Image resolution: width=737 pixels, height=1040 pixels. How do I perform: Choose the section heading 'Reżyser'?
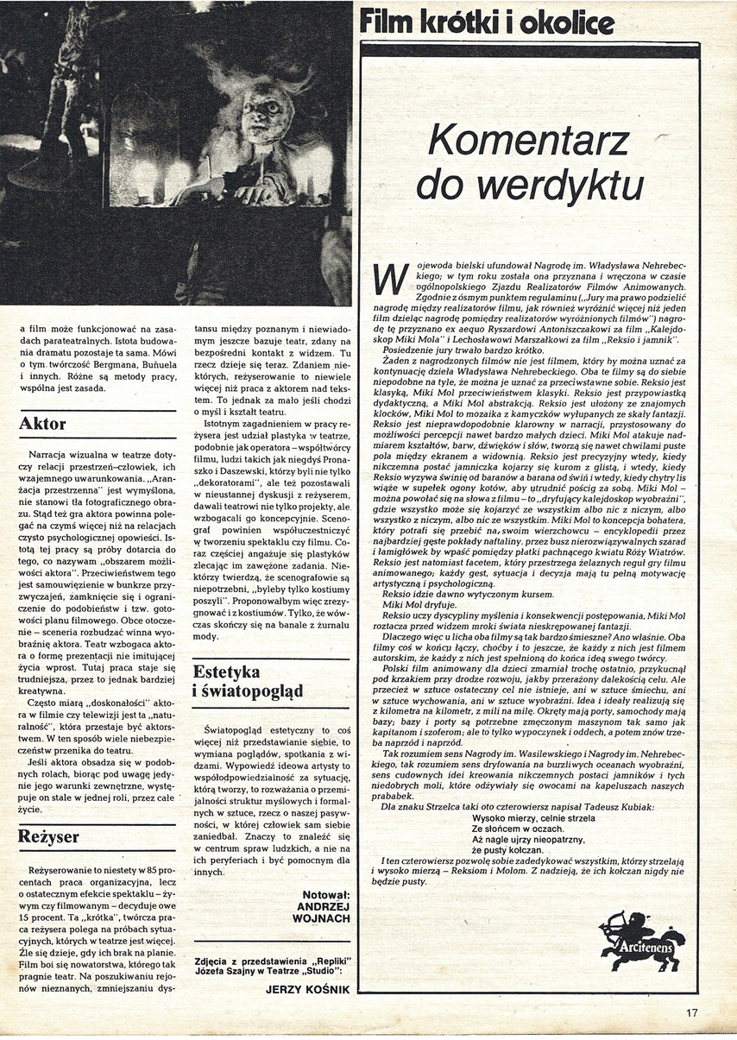[x=50, y=836]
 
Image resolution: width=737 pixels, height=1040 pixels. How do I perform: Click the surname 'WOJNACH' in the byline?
[x=323, y=920]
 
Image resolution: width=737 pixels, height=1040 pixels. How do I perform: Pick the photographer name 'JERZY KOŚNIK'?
[x=310, y=990]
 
